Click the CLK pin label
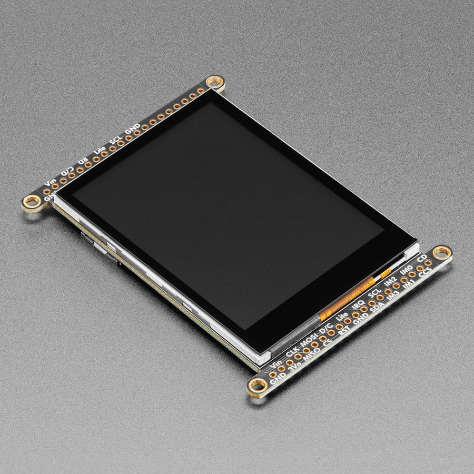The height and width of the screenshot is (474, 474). [292, 348]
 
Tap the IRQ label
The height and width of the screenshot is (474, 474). [358, 307]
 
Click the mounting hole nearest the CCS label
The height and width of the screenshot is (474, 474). [441, 252]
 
